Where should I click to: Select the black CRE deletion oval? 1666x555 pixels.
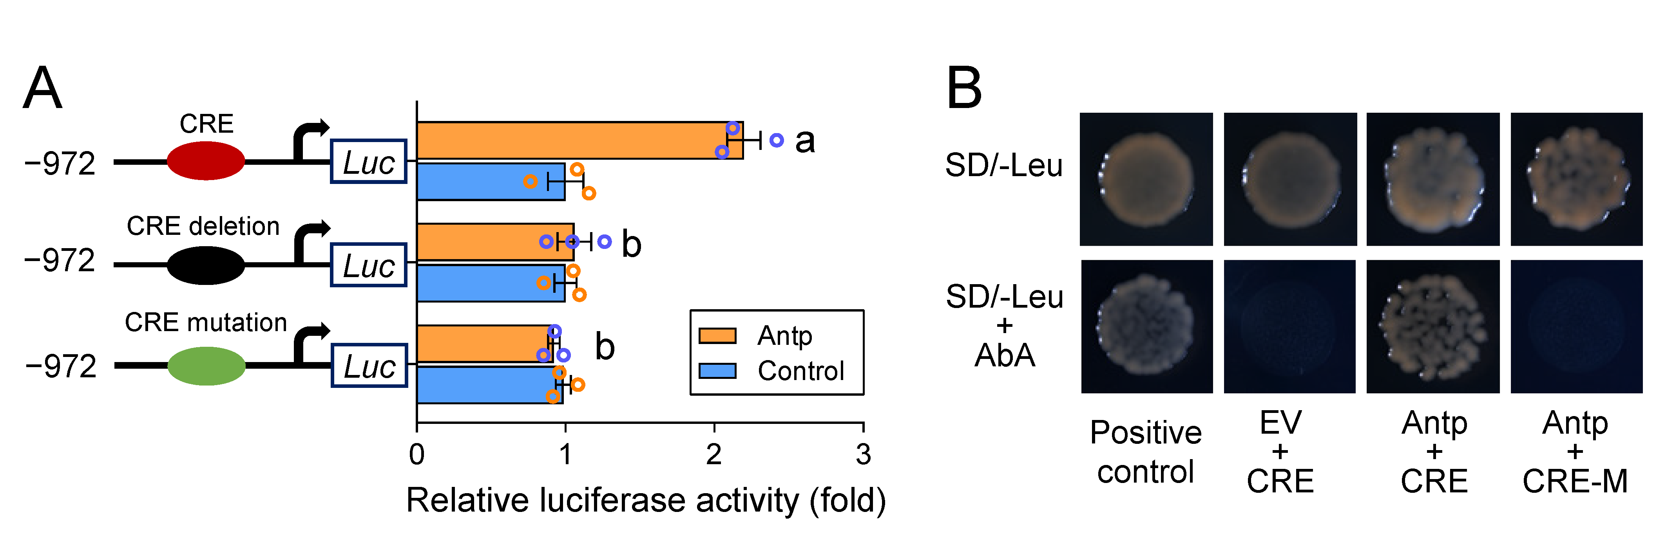pos(206,265)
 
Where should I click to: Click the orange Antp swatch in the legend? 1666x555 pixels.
pos(717,336)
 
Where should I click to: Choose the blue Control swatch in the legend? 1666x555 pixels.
pos(717,371)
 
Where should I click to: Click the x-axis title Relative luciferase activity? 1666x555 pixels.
pos(645,501)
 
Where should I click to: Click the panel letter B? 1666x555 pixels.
pos(963,88)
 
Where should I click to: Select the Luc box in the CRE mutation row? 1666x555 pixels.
pos(369,366)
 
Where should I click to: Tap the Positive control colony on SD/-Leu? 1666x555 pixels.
pos(1146,180)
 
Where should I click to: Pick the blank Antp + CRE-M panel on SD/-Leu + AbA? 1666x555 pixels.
pos(1576,327)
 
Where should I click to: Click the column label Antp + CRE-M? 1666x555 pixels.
pos(1575,452)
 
